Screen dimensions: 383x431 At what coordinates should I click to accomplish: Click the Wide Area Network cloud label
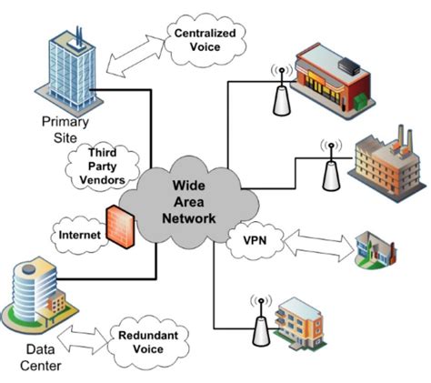tap(194, 202)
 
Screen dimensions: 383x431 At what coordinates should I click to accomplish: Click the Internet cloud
tap(79, 234)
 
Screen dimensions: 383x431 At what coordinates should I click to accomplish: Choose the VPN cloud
tap(254, 241)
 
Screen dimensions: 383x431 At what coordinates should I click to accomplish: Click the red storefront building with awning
tap(338, 73)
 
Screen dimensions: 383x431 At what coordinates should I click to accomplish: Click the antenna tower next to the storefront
tap(281, 92)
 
